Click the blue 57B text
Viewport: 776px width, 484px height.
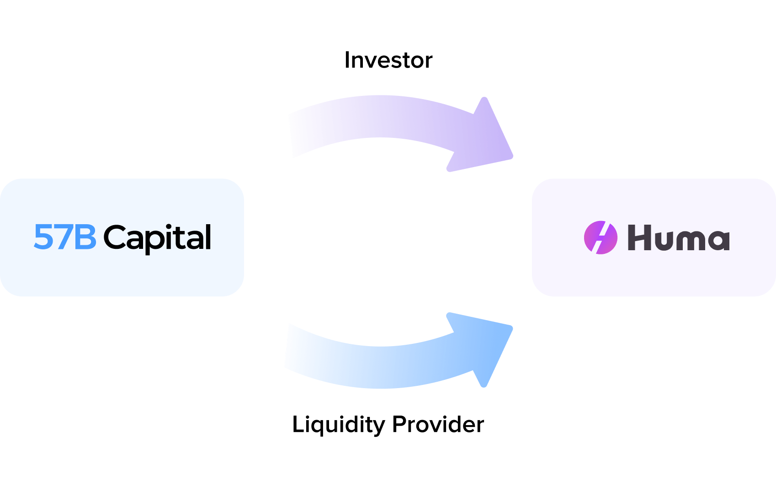(65, 237)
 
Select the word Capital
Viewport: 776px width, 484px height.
(157, 237)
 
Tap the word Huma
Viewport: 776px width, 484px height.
(678, 237)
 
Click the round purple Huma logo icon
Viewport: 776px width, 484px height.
(601, 237)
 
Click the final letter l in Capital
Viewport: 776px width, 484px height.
(208, 236)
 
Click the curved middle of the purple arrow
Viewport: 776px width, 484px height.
(379, 116)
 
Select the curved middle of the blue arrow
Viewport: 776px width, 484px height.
(379, 368)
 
